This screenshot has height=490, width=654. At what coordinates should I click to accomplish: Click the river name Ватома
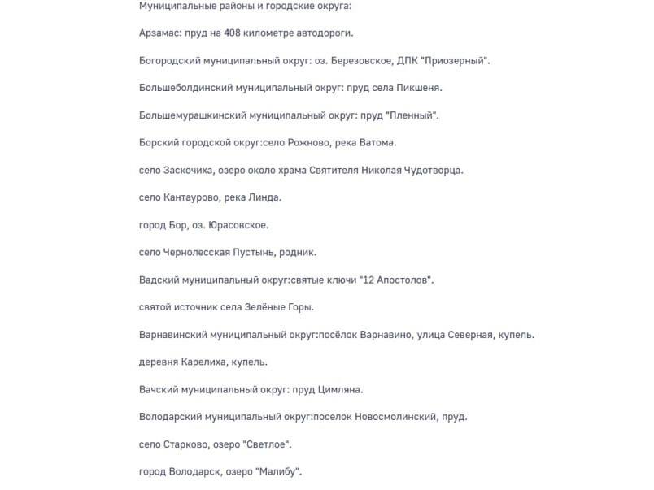click(x=376, y=143)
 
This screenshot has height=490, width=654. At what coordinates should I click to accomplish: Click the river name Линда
click(x=266, y=197)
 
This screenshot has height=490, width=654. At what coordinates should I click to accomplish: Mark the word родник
click(x=298, y=253)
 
